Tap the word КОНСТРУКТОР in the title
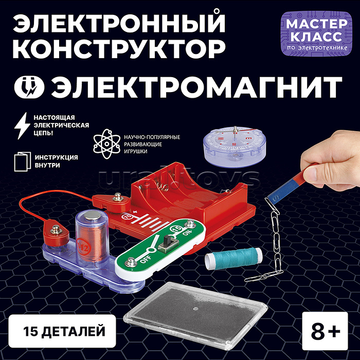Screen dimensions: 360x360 119,49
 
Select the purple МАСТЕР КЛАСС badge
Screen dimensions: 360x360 317,33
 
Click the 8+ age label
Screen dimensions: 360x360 325,331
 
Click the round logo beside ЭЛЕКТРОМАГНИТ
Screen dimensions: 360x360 29,87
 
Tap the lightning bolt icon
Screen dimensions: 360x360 22,125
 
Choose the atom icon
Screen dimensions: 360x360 107,143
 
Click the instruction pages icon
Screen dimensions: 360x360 22,161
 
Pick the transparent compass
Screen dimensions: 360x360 234,146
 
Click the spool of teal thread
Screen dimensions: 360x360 233,258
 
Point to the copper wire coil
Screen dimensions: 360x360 92,242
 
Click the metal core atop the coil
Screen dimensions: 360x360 92,216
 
